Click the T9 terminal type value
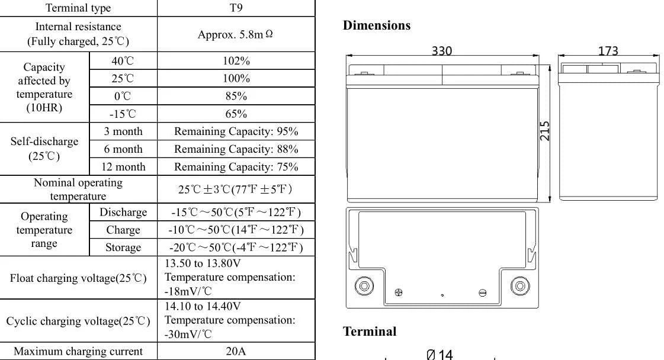tap(236, 8)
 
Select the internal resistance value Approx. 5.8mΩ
tap(236, 34)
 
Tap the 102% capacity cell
tap(236, 61)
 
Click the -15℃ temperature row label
tap(123, 114)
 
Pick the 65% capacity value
tap(236, 114)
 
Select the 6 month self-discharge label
tap(123, 149)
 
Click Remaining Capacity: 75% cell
tap(236, 167)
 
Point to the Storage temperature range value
tap(236, 247)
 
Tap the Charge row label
tap(123, 230)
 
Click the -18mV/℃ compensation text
tap(188, 291)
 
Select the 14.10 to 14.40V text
tap(203, 306)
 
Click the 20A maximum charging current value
tap(236, 351)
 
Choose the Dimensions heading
tap(377, 25)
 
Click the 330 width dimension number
tap(442, 51)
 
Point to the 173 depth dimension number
tap(608, 51)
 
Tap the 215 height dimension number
tap(545, 131)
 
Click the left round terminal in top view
tap(364, 287)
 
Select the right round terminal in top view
tap(520, 287)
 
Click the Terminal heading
tap(370, 332)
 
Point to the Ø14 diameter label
tap(440, 355)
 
